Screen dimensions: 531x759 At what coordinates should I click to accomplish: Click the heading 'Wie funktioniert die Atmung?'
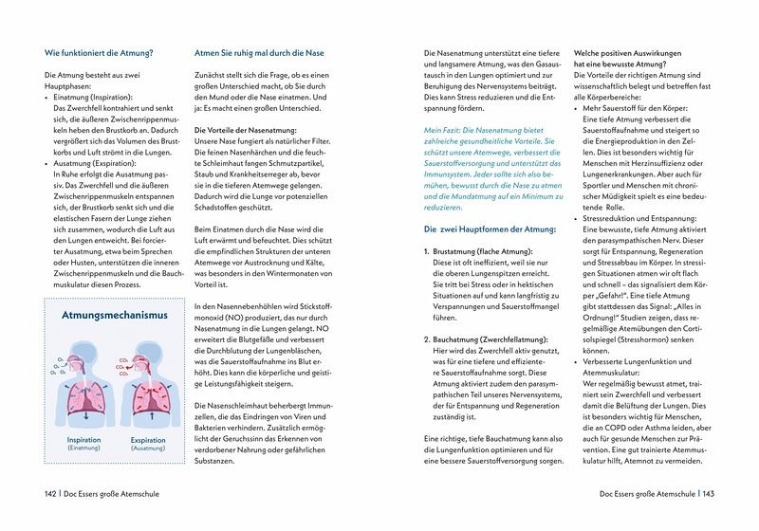coord(99,53)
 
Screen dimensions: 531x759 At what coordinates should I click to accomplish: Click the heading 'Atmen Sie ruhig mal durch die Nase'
coord(258,53)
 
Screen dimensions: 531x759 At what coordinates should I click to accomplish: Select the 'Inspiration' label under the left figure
coord(83,440)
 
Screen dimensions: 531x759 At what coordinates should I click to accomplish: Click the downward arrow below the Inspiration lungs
coord(85,415)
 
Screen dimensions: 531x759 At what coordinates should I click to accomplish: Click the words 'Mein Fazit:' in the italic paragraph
coord(449,129)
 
